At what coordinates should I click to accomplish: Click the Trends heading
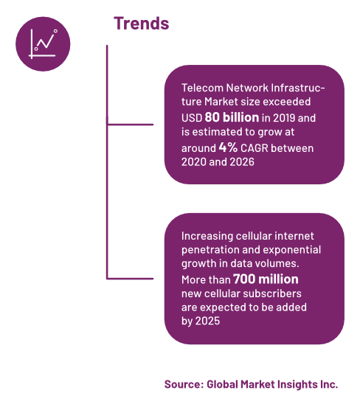pos(142,24)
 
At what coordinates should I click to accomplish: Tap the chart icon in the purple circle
pos(43,44)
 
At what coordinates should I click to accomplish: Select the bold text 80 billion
pos(232,117)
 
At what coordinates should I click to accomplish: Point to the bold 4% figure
pos(228,147)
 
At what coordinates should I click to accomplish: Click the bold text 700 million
pos(266,279)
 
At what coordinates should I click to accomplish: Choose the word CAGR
pos(255,148)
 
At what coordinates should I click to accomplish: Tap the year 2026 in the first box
pos(242,162)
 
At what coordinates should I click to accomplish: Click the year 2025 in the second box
pos(207,321)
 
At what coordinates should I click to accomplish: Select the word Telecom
pos(202,88)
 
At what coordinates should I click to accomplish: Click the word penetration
pos(210,250)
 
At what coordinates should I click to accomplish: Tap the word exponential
pos(292,250)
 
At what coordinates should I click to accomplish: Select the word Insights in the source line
pos(297,384)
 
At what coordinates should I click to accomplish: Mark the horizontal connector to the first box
pos(130,125)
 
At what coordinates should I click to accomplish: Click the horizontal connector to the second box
pos(130,279)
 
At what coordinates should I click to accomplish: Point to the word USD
pos(192,118)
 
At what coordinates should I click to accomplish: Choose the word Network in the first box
pos(247,88)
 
